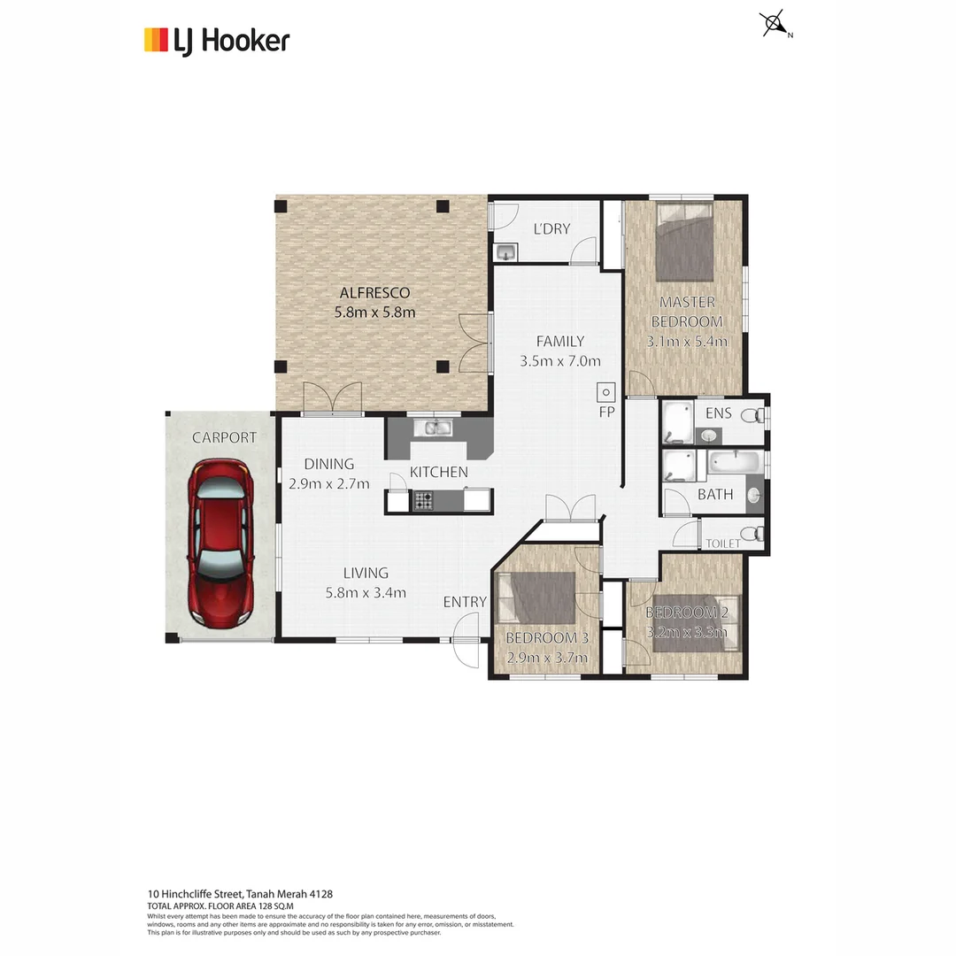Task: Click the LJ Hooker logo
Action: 217,41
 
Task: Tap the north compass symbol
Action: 774,24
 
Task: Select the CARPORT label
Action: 225,437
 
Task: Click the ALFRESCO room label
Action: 374,293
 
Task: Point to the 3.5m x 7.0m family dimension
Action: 559,360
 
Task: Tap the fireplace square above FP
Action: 606,390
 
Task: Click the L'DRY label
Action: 551,229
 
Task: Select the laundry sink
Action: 505,253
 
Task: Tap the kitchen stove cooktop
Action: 423,501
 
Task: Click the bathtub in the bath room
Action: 734,462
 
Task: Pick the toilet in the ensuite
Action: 752,414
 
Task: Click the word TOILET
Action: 722,544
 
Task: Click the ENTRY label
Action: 465,602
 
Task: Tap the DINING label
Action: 328,464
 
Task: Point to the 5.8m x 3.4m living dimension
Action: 366,593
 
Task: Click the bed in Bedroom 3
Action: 536,597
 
